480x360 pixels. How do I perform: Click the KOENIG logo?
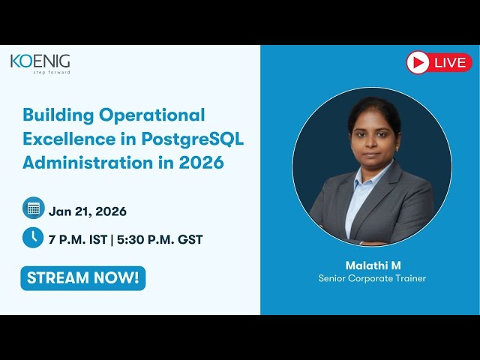40,61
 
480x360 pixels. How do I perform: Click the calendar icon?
33,208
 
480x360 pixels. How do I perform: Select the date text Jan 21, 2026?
88,211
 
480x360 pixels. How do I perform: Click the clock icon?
33,237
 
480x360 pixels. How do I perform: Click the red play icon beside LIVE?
418,63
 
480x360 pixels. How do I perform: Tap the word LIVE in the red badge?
449,63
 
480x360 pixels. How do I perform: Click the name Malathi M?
373,265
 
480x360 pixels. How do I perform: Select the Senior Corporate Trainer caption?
373,279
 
